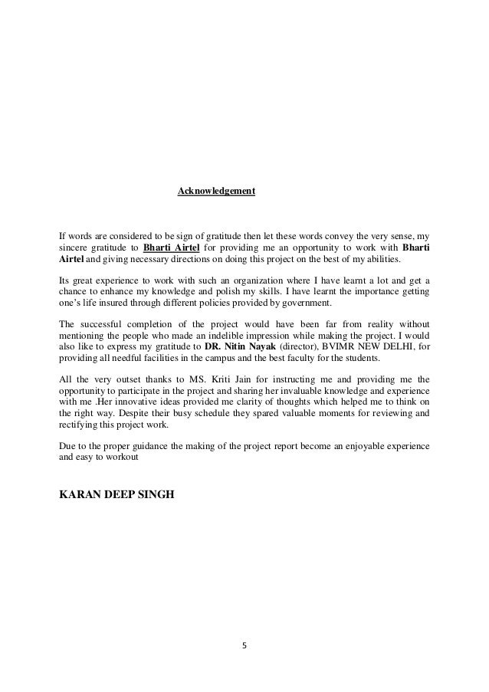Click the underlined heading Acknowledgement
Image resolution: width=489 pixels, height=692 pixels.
click(x=216, y=190)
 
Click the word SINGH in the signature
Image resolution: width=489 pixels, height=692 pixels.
click(x=156, y=494)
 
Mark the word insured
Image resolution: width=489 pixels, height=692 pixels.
click(x=107, y=303)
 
